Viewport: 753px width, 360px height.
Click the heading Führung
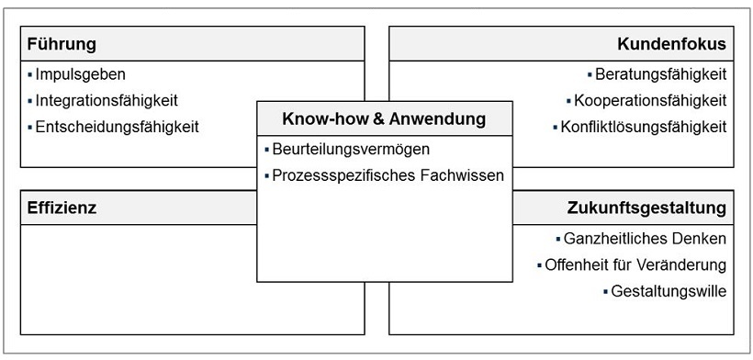click(62, 45)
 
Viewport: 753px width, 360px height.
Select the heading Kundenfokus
click(673, 45)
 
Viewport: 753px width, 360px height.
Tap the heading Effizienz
click(62, 208)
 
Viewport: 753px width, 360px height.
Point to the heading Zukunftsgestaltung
click(647, 208)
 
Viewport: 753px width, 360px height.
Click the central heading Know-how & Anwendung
click(384, 118)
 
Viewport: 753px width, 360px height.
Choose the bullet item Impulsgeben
click(80, 74)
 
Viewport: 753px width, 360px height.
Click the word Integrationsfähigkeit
click(107, 100)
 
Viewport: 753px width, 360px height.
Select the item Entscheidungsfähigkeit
click(116, 127)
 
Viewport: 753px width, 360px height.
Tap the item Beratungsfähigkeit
click(660, 74)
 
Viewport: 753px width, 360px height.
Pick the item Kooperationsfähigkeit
click(650, 100)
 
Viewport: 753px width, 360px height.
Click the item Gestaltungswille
click(669, 292)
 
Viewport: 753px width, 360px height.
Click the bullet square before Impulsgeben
click(29, 74)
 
